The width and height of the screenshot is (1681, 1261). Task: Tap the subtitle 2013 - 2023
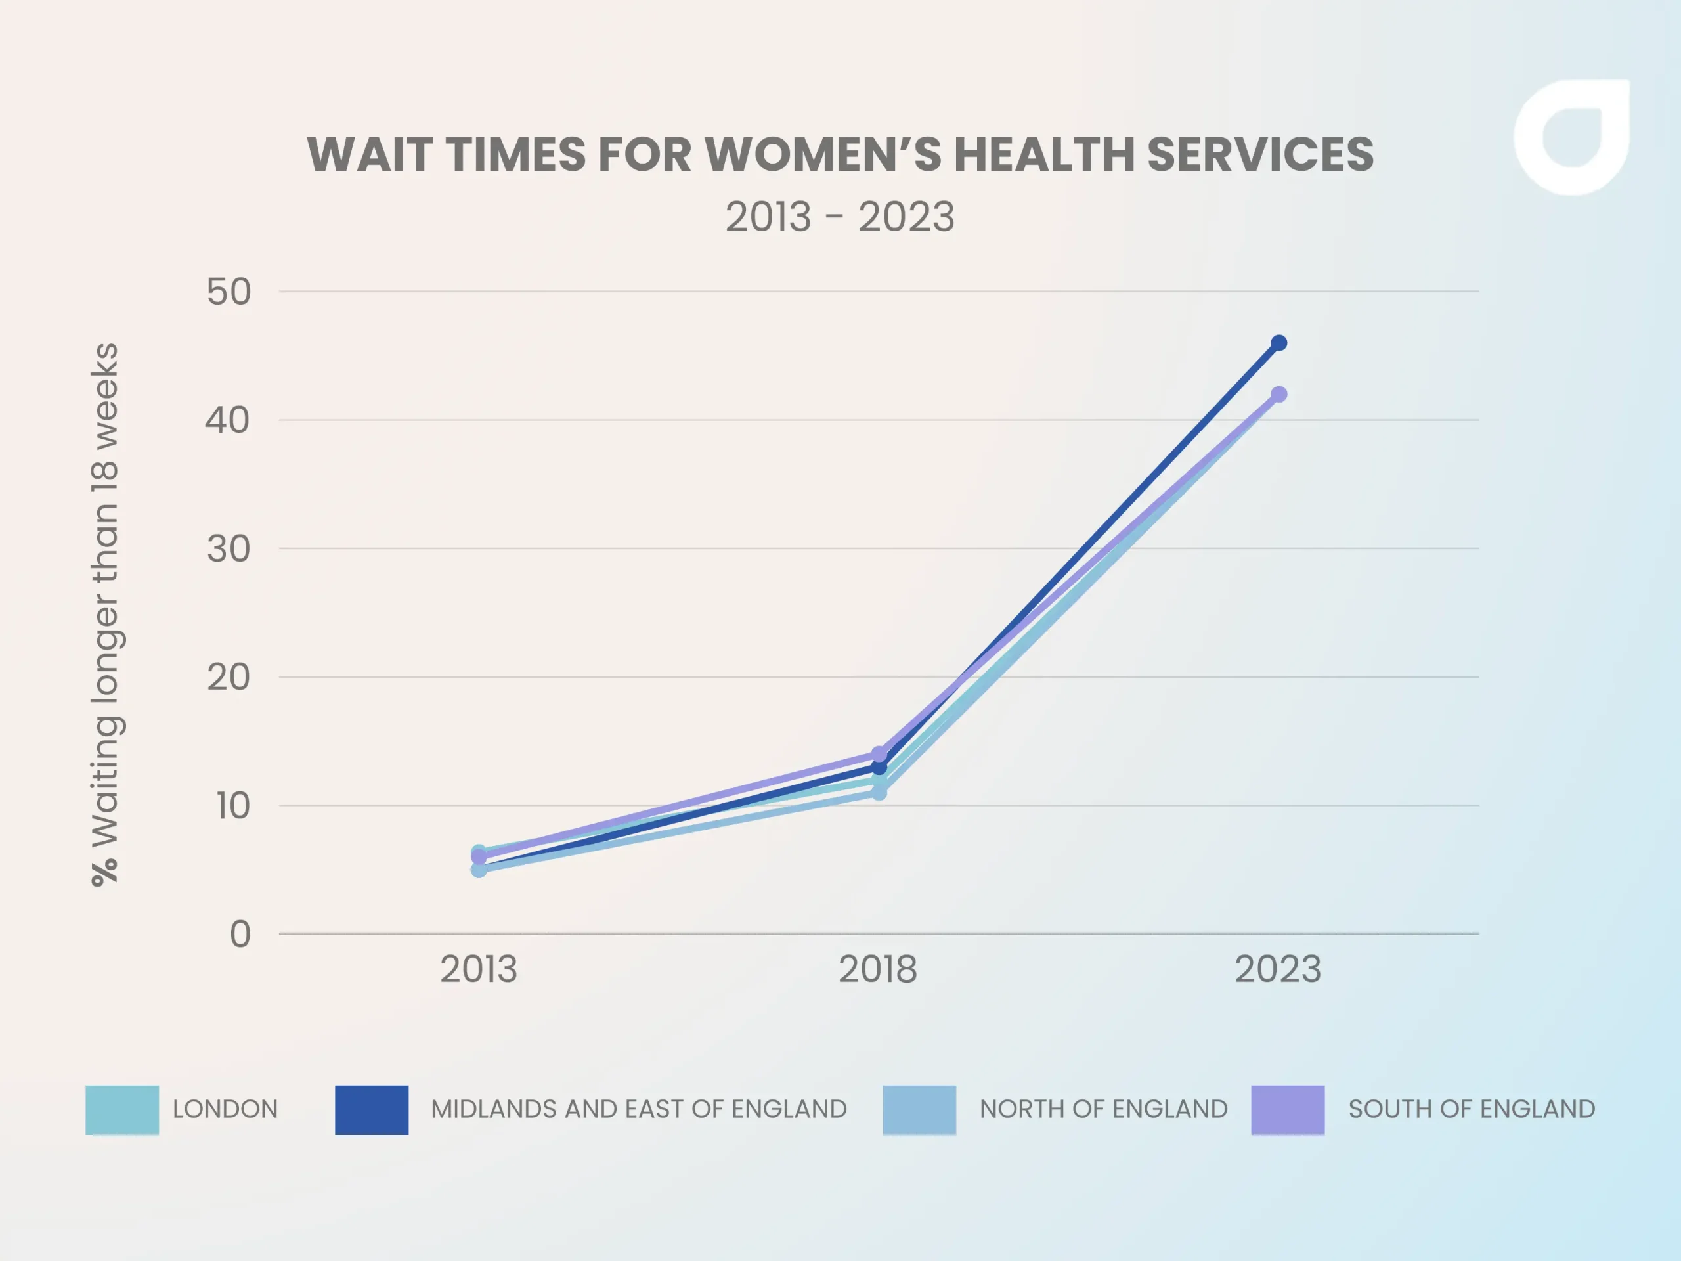[x=840, y=217]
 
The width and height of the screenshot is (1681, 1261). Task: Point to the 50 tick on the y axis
[x=229, y=293]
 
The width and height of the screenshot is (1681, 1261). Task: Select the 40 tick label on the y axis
[x=227, y=420]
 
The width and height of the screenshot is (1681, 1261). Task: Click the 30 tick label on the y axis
[x=228, y=549]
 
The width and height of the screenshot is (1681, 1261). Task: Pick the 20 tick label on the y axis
[x=228, y=677]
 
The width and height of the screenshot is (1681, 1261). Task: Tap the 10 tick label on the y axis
[x=232, y=806]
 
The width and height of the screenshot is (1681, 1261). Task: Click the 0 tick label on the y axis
[x=240, y=934]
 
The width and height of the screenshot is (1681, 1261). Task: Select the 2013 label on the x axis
[x=479, y=970]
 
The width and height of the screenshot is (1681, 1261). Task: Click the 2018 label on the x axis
[x=878, y=970]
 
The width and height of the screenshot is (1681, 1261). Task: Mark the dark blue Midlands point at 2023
[x=1279, y=343]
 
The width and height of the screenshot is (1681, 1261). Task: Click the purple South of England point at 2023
[x=1279, y=395]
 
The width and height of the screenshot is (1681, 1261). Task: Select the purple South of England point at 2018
[x=879, y=754]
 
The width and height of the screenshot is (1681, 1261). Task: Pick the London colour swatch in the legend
[x=122, y=1110]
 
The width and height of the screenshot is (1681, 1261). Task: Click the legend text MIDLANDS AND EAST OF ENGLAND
[x=638, y=1109]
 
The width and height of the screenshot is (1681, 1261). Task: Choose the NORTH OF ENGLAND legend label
[x=1103, y=1109]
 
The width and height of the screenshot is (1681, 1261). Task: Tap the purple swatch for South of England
[x=1288, y=1110]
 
